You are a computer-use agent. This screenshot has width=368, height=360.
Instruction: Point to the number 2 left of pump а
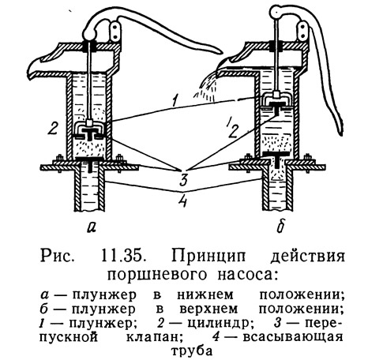(53, 128)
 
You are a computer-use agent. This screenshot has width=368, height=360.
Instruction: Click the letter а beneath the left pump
(90, 227)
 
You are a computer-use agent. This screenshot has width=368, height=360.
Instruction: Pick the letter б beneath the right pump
(280, 226)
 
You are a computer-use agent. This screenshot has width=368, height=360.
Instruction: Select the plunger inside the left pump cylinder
(89, 129)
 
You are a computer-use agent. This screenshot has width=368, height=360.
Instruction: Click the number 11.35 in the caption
(122, 257)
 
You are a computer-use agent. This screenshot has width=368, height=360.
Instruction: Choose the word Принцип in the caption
(208, 257)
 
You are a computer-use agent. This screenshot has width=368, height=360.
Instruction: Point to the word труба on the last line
(192, 351)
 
